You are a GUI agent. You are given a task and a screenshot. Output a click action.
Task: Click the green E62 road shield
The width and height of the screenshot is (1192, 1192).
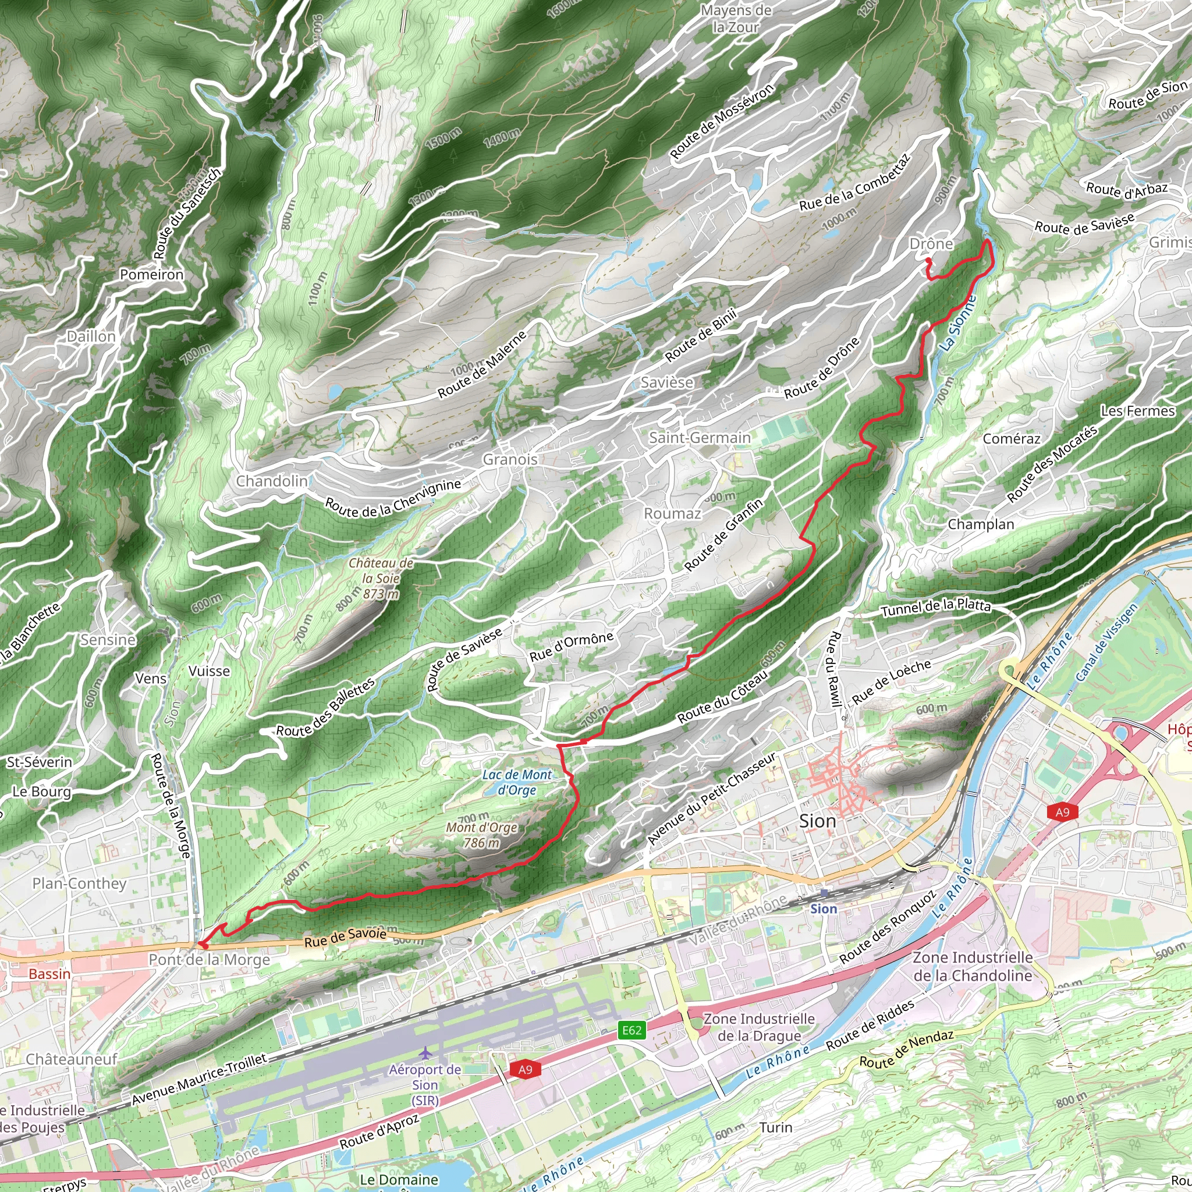632,1029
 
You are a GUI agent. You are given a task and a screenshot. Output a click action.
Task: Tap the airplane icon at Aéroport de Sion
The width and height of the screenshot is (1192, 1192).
424,1052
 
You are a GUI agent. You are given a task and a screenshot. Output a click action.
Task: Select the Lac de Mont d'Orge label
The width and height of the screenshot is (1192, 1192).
517,782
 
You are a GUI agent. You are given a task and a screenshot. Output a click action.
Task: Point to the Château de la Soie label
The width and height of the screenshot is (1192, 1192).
381,579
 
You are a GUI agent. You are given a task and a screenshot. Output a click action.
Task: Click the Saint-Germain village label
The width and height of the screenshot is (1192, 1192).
700,438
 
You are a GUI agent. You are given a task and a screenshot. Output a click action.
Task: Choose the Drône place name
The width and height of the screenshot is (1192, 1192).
931,244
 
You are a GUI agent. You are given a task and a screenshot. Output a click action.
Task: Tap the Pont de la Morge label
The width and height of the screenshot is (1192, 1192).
209,959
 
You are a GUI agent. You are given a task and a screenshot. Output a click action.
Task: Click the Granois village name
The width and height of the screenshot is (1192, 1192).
510,459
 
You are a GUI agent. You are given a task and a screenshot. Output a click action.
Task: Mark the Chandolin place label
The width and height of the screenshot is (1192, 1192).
271,481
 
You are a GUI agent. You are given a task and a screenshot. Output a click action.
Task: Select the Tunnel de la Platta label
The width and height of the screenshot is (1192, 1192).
935,608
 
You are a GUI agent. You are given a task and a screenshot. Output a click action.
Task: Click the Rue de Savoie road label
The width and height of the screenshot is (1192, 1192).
346,936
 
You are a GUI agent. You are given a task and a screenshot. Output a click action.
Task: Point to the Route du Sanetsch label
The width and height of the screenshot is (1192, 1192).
186,214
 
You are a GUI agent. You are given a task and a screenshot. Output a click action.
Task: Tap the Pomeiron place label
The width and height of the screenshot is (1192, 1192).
152,275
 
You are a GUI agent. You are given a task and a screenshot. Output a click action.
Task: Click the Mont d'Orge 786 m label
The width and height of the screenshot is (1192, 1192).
482,834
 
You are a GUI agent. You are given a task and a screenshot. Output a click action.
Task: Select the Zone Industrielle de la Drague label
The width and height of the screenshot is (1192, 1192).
759,1027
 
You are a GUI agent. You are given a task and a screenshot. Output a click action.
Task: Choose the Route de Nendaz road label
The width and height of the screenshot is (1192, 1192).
906,1049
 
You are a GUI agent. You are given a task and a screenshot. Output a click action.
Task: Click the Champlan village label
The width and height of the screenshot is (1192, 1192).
981,524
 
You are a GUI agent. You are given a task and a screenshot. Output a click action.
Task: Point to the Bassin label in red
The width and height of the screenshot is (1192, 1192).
49,974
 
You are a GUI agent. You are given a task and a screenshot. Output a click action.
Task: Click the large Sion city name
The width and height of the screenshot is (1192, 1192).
818,821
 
